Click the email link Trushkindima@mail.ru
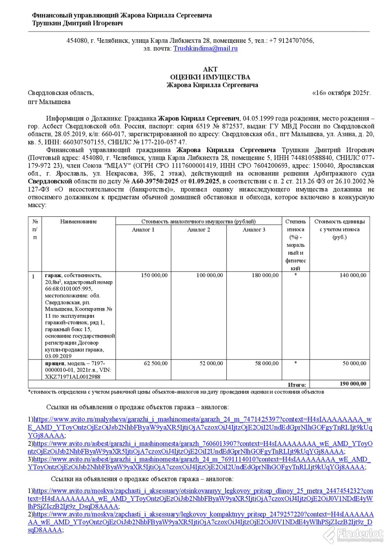coord(205,48)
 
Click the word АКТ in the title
coord(210,69)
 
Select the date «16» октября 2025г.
coord(341,93)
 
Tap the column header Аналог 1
coord(143,230)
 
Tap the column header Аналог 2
coord(199,230)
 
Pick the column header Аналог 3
coord(254,230)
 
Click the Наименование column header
coord(78,222)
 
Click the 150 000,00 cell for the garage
coord(154,276)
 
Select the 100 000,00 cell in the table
coord(210,276)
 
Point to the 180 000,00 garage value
coord(265,276)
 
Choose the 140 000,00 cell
coord(353,276)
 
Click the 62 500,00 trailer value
coord(156,363)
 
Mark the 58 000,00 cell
coord(267,363)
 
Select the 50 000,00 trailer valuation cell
coord(354,363)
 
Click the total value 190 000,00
coord(353,384)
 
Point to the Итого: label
coord(297,385)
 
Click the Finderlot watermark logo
coord(354,535)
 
